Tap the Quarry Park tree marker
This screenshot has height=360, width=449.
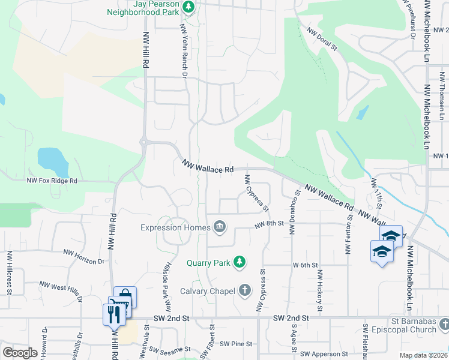coord(240,262)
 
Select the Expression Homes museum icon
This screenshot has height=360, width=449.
coord(220,227)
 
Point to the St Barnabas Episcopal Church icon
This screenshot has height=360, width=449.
coord(444,325)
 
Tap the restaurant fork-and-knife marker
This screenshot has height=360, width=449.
coord(112,313)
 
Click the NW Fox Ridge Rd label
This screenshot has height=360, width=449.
coord(52,180)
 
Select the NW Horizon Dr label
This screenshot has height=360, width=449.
coord(83,262)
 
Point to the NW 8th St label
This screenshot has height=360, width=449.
coord(268,224)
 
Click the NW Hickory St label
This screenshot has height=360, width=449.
coord(319,290)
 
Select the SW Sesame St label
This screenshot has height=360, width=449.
coord(170,349)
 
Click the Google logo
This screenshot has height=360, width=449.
coord(20,353)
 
